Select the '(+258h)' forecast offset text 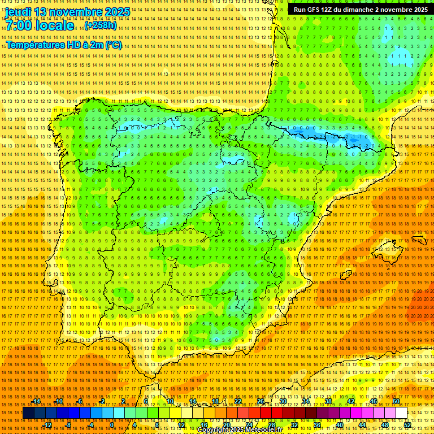101,25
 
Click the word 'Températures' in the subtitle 35,45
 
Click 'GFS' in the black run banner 312,10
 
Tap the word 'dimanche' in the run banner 358,10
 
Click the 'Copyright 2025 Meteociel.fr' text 239,430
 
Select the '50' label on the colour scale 396,401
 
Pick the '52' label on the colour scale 407,424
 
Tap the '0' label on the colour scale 112,424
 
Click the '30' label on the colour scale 283,401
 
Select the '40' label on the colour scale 339,424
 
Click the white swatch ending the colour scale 401,413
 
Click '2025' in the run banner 418,10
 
